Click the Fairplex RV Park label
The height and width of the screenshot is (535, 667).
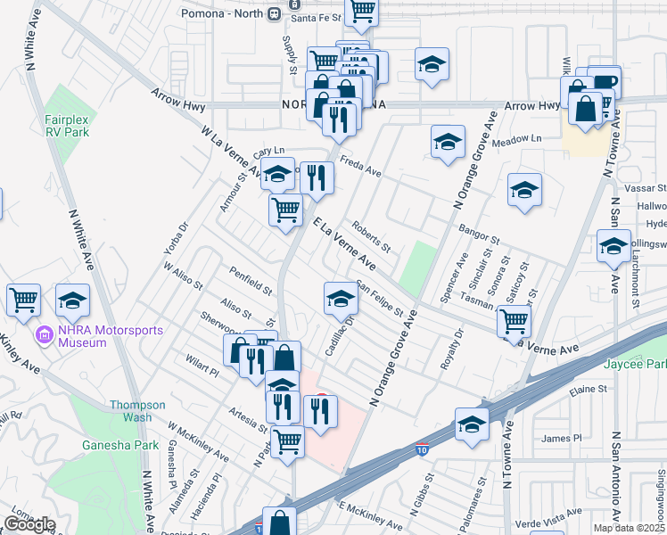click(x=68, y=125)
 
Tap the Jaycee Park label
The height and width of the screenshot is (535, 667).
click(x=643, y=365)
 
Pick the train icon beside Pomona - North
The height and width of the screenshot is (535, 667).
click(x=273, y=14)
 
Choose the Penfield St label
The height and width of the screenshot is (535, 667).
click(x=250, y=281)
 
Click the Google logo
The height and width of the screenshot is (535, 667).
click(x=29, y=523)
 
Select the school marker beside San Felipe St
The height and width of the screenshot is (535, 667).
click(x=339, y=300)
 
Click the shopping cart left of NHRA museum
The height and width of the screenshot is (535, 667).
click(x=23, y=300)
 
